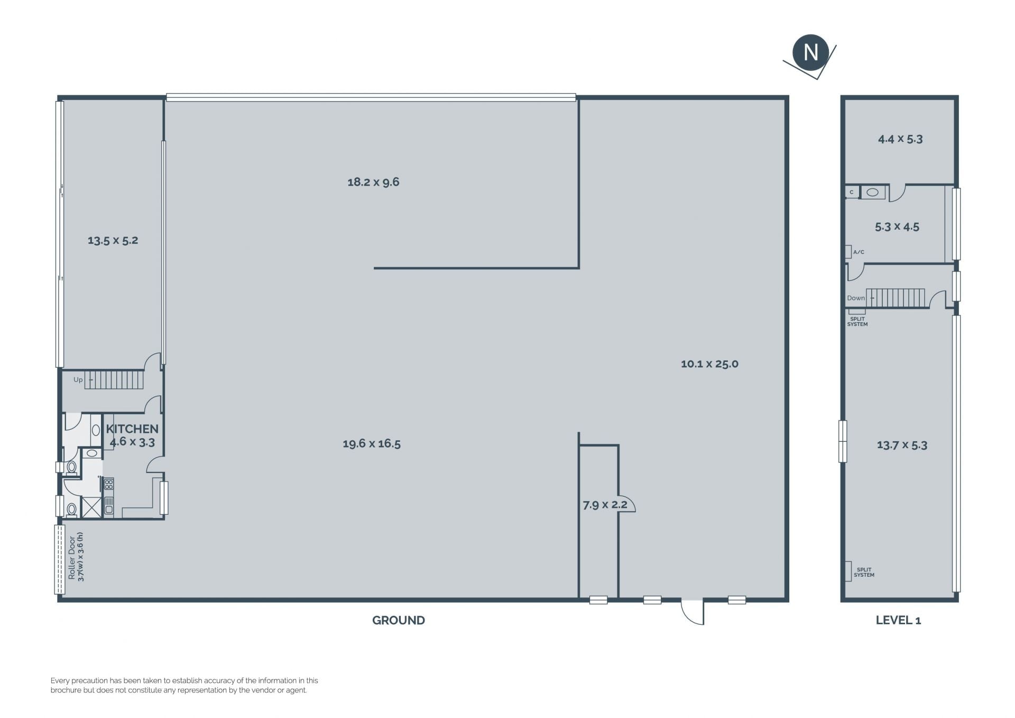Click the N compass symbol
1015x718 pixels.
click(x=810, y=52)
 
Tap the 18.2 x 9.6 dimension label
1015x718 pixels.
click(x=373, y=182)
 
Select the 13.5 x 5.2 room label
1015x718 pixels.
click(x=113, y=240)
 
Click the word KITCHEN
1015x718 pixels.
click(x=132, y=429)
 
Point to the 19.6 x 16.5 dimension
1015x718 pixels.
click(x=372, y=444)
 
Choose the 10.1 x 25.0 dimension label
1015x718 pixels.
click(x=709, y=364)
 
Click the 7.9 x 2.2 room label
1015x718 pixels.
click(x=605, y=505)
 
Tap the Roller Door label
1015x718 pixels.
click(x=72, y=558)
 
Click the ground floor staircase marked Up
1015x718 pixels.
click(x=114, y=380)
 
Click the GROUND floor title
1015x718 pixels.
click(x=399, y=620)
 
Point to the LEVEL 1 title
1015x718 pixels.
click(x=898, y=620)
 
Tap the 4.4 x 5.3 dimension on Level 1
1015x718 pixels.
click(x=900, y=139)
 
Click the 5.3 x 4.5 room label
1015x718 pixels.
click(x=897, y=227)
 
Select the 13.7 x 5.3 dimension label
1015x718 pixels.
click(x=902, y=445)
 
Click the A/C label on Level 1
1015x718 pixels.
click(x=859, y=252)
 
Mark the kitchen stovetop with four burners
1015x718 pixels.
click(x=109, y=484)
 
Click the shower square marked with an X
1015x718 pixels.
click(x=91, y=507)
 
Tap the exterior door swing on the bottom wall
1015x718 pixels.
click(x=693, y=612)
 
